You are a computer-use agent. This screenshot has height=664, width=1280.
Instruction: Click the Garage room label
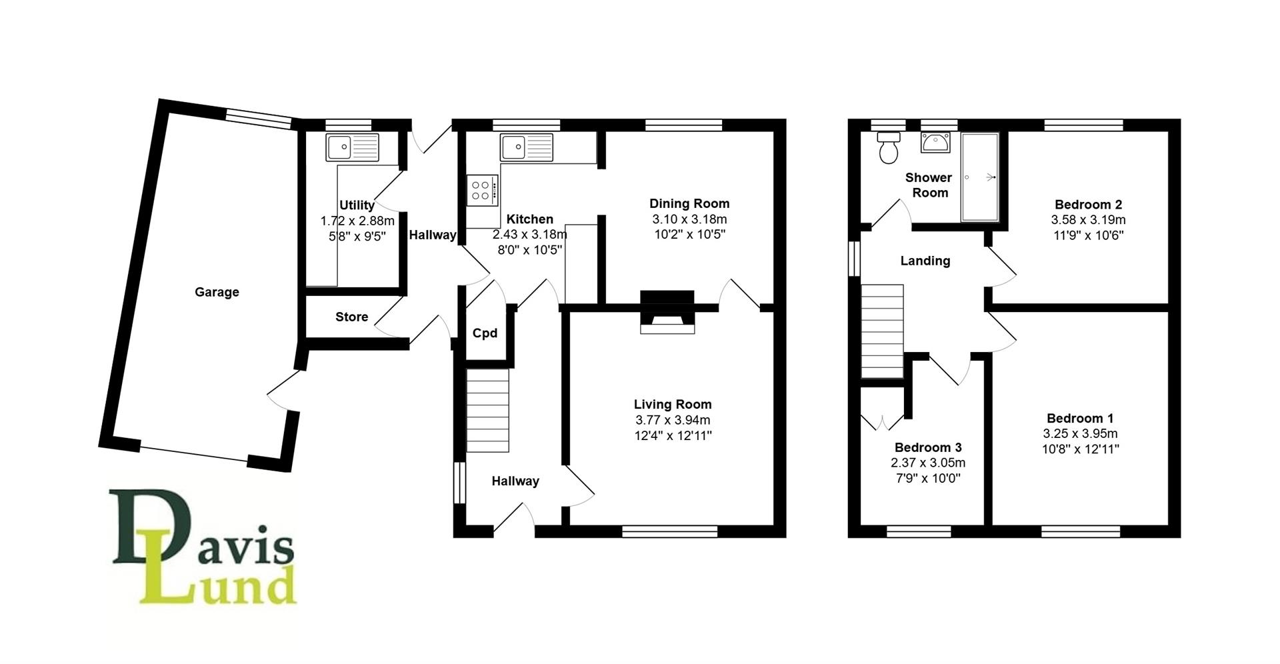click(x=217, y=292)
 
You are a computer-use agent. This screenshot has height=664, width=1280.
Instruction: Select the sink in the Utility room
click(x=352, y=147)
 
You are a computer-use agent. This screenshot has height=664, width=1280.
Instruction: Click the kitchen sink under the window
click(x=527, y=147)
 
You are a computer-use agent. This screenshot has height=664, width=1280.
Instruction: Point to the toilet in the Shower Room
click(x=889, y=149)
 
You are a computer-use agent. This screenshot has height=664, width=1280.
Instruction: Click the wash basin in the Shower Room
click(x=939, y=143)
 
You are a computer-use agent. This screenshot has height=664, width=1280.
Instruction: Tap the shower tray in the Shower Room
click(x=979, y=177)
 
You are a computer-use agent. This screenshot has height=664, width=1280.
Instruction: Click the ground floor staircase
click(x=487, y=410)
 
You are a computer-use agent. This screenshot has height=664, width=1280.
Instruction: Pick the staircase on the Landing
click(x=882, y=331)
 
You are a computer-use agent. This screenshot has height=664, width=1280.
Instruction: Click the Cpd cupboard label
click(x=485, y=333)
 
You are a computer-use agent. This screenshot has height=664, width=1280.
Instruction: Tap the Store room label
click(x=351, y=317)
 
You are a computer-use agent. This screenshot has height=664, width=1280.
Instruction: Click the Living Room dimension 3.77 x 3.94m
click(x=673, y=420)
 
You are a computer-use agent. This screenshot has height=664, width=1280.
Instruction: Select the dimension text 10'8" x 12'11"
click(x=1080, y=449)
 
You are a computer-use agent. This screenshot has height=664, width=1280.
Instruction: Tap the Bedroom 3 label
click(x=928, y=447)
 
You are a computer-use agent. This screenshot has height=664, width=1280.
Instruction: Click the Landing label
click(x=925, y=261)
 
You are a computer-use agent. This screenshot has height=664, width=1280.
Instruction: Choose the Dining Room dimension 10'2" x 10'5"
click(x=689, y=234)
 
